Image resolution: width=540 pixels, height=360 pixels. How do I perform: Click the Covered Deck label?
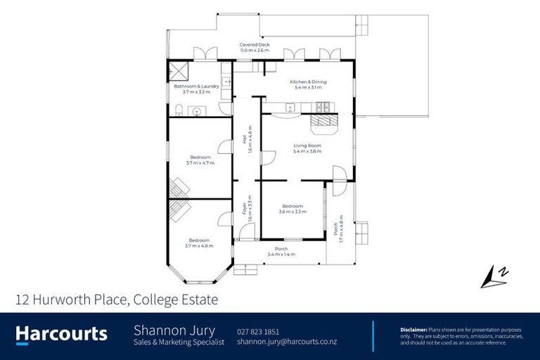[x=254, y=44]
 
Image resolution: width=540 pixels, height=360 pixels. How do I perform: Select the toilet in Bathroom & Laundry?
[x=179, y=109]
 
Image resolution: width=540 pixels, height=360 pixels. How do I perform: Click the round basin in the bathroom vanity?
[x=196, y=111]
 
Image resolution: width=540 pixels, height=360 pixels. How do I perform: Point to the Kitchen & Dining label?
[x=309, y=82]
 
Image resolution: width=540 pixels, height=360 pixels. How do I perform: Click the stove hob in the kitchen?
[x=322, y=107]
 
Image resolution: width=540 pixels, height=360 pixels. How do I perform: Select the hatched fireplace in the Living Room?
[x=324, y=124]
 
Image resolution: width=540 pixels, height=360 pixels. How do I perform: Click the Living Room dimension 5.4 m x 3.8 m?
[x=307, y=151]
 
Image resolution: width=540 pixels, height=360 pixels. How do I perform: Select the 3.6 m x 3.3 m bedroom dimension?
[x=292, y=211]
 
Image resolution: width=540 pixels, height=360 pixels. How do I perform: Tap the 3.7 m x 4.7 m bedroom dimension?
[x=200, y=162]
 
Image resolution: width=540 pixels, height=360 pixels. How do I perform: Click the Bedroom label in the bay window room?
[x=200, y=240]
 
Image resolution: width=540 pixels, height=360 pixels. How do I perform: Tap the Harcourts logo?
[x=62, y=334]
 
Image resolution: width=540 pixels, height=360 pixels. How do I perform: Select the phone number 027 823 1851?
[x=258, y=330]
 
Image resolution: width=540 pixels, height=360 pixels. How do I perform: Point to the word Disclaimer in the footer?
[x=413, y=328]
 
